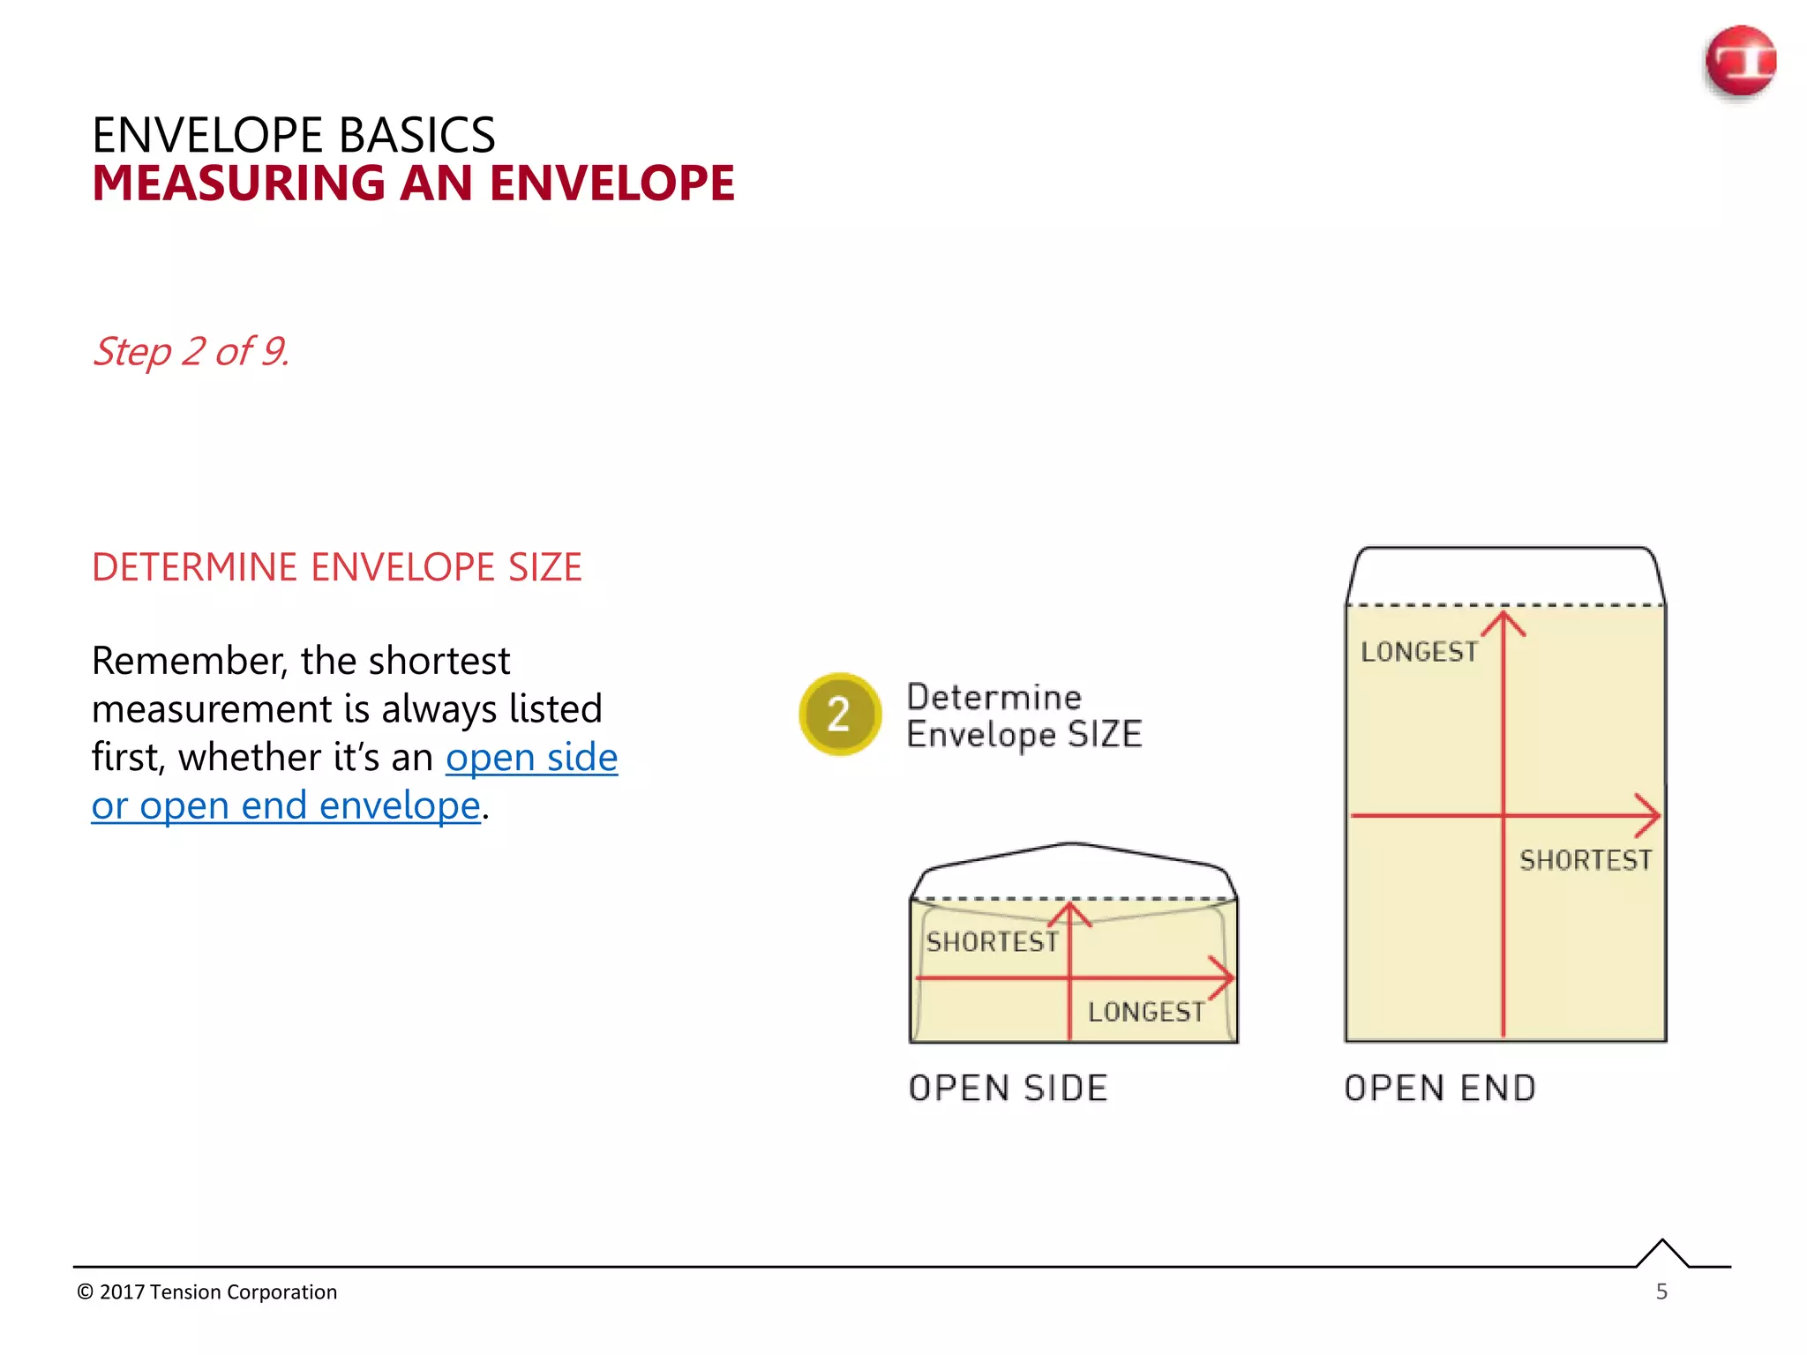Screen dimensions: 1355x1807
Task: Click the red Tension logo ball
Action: point(1740,61)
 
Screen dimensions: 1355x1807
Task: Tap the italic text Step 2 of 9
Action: point(191,351)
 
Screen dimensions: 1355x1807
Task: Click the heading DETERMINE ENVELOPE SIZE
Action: point(336,567)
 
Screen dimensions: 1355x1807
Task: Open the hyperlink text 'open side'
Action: point(531,758)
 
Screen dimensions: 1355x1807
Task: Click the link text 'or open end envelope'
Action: point(286,806)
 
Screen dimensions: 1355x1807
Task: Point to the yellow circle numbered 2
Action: point(839,714)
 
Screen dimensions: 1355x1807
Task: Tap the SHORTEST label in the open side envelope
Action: point(992,942)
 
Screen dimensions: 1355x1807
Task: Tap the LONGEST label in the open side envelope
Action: point(1146,1012)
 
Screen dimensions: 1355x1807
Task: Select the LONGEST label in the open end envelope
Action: point(1419,652)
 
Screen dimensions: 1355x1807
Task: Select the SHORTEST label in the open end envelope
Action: point(1585,860)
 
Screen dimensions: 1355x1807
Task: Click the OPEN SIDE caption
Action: point(1008,1089)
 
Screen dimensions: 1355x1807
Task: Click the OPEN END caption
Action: point(1440,1089)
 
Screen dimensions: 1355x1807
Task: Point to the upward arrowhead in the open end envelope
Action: point(1503,621)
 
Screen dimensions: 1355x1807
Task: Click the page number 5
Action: point(1661,1291)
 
